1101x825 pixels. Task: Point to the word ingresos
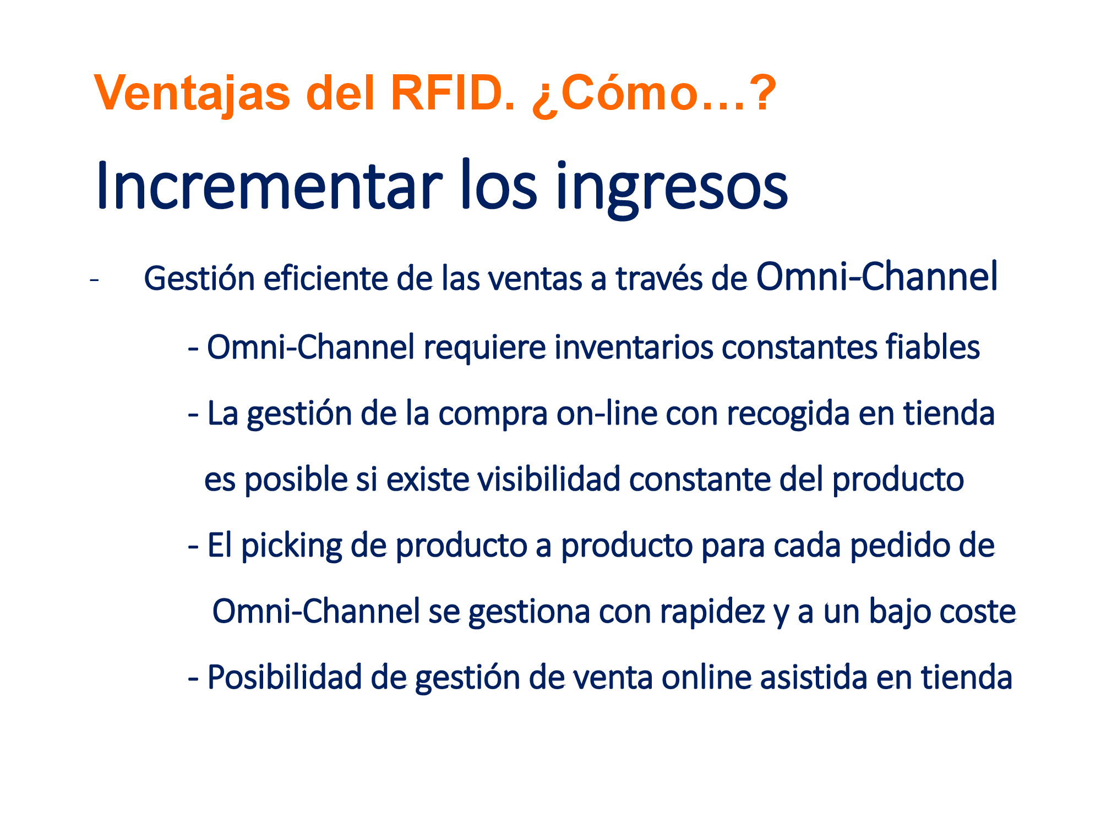click(672, 190)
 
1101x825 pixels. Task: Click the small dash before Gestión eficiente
click(94, 280)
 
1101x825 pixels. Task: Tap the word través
click(658, 278)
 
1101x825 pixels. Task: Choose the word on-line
click(607, 413)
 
